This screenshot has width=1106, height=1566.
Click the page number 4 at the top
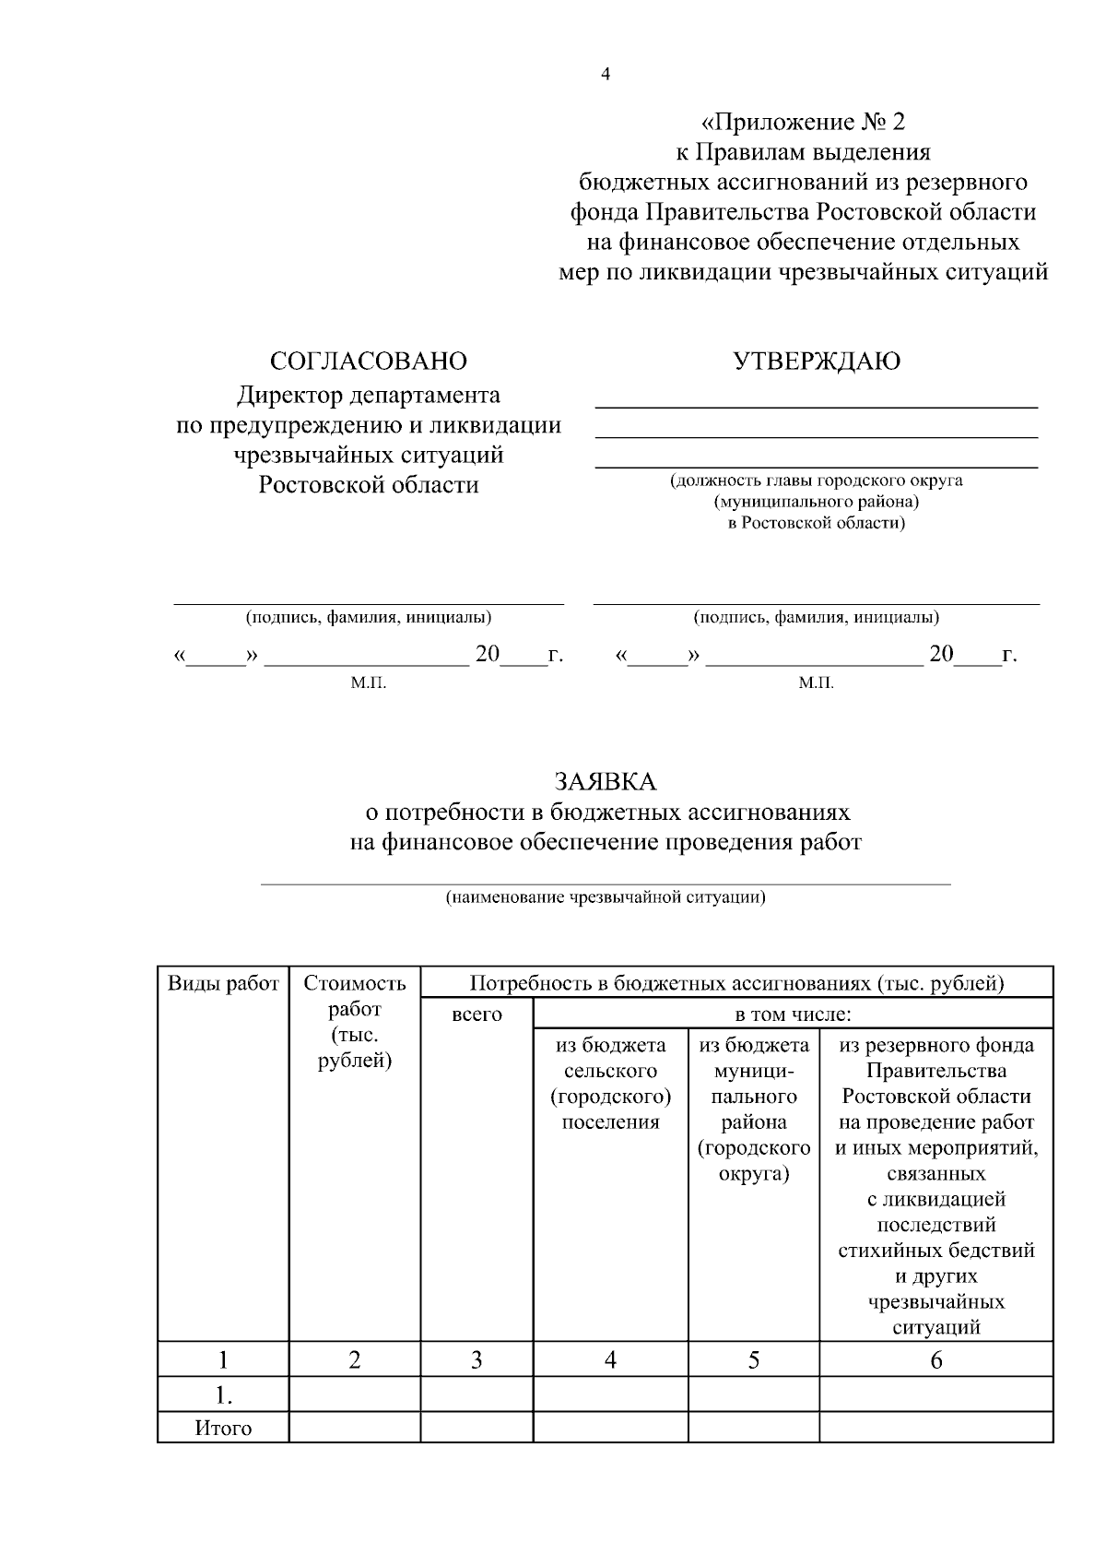[605, 76]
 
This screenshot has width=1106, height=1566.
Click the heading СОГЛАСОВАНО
[368, 361]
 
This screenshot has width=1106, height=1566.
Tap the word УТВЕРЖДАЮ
[817, 361]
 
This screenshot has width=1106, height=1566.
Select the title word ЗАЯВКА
[605, 782]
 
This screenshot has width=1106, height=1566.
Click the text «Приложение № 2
[803, 122]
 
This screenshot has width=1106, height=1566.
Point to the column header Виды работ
[223, 983]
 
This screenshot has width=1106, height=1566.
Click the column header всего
[477, 1014]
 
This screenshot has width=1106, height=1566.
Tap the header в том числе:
[793, 1014]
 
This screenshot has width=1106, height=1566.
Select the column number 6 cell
[935, 1359]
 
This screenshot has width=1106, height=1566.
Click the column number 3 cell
[477, 1359]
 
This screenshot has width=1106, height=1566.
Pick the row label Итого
[223, 1429]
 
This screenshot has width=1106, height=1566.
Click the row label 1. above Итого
[223, 1394]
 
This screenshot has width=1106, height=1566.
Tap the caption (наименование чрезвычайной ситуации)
[605, 896]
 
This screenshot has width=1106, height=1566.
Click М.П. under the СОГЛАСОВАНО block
[368, 683]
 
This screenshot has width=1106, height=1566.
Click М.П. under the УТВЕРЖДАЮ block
[816, 683]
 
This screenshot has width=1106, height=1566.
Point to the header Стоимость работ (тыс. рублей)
[355, 1022]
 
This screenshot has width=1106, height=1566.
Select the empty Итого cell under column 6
[935, 1428]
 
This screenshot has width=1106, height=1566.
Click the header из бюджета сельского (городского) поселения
[610, 1084]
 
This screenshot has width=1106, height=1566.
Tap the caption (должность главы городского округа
[816, 480]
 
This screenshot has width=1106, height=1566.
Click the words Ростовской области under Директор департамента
[368, 485]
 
